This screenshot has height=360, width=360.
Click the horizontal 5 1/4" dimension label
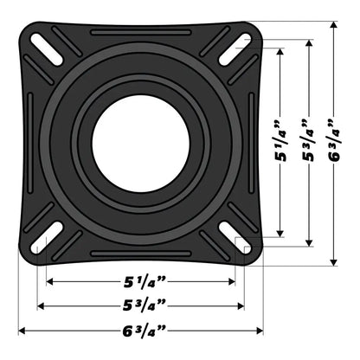pyautogui.click(x=140, y=281)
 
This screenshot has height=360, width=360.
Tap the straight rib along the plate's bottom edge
pyautogui.click(x=134, y=254)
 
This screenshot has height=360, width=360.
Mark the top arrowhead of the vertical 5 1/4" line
pyautogui.click(x=280, y=50)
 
